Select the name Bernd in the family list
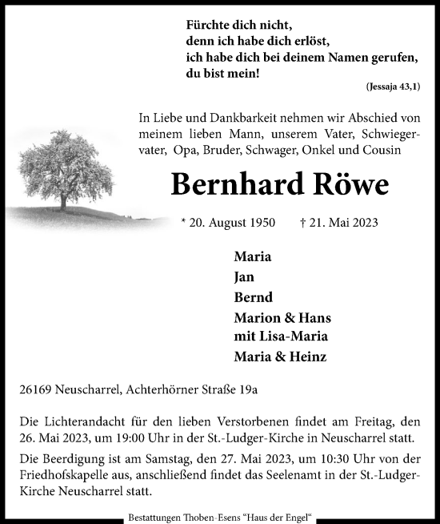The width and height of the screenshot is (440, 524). tap(250, 297)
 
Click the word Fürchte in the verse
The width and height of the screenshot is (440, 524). tap(208, 25)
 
